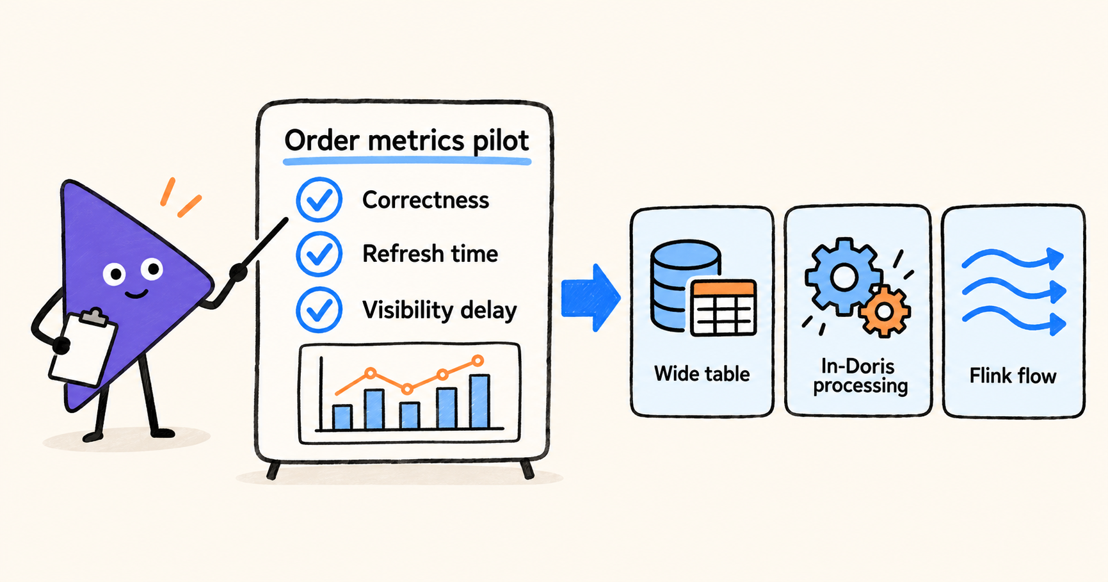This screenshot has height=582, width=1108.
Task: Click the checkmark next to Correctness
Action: pyautogui.click(x=319, y=200)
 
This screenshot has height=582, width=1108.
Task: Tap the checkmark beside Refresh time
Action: pyautogui.click(x=319, y=254)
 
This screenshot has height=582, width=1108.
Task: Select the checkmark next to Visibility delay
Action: pyautogui.click(x=319, y=310)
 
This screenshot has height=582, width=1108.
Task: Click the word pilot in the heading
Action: pyautogui.click(x=501, y=141)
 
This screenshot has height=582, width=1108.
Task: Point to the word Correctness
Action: pyautogui.click(x=426, y=200)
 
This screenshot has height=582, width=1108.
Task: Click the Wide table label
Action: pyautogui.click(x=702, y=373)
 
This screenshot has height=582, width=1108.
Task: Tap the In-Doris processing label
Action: pyautogui.click(x=860, y=376)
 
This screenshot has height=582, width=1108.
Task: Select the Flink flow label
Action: pyautogui.click(x=1013, y=375)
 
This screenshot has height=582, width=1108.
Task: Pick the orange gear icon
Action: pyautogui.click(x=885, y=312)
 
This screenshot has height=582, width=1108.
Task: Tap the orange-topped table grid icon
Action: pyautogui.click(x=724, y=307)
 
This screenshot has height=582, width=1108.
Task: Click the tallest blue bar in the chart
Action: pyautogui.click(x=479, y=401)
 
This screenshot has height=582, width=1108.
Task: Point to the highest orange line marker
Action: pyautogui.click(x=478, y=361)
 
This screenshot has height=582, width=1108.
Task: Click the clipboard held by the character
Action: pyautogui.click(x=83, y=348)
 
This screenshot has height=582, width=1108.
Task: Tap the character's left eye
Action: pyautogui.click(x=115, y=275)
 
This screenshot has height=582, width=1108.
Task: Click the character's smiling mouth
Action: pyautogui.click(x=136, y=295)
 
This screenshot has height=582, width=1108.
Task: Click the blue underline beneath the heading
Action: pyautogui.click(x=407, y=161)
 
